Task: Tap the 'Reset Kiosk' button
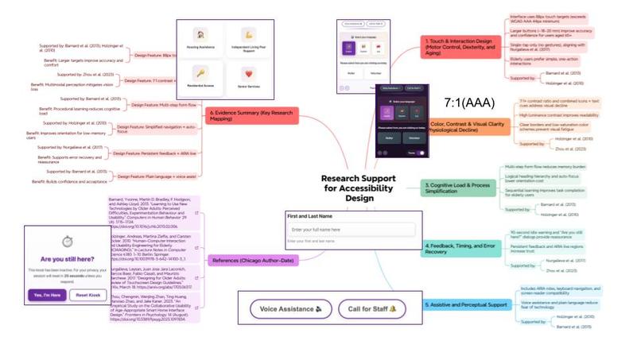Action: pyautogui.click(x=91, y=295)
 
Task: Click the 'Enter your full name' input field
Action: pyautogui.click(x=350, y=230)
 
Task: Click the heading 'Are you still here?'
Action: pyautogui.click(x=68, y=260)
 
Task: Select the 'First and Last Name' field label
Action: pyautogui.click(x=310, y=216)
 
